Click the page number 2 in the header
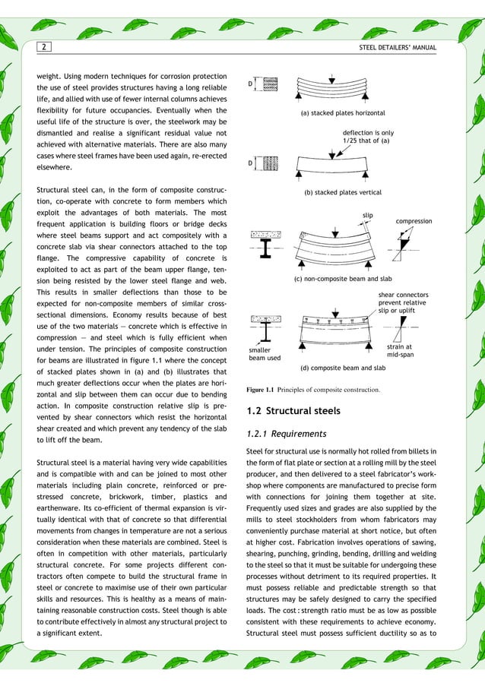tap(43, 48)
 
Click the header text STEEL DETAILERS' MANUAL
tap(398, 48)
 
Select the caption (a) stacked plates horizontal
tap(343, 113)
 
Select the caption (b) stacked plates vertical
tap(343, 193)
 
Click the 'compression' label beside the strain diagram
tap(414, 221)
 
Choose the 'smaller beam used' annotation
tap(265, 354)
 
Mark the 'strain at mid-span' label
tap(400, 350)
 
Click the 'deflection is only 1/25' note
tap(368, 136)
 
